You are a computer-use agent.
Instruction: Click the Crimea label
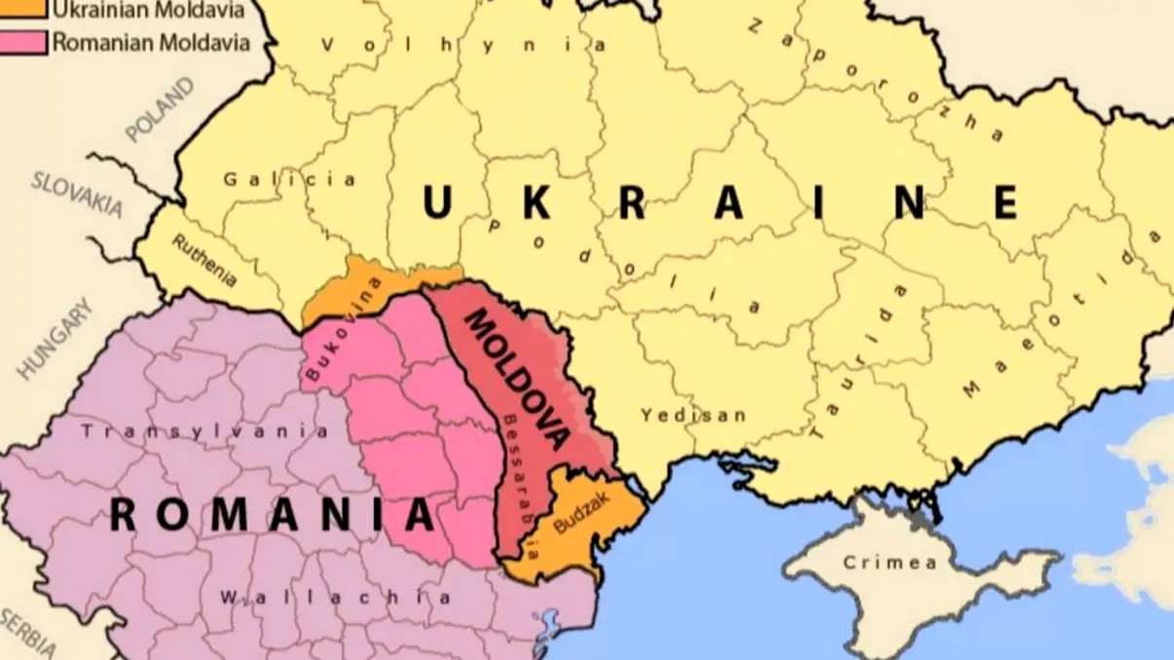[890, 563]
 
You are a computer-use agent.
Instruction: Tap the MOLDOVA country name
[516, 379]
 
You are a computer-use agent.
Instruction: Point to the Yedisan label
[693, 416]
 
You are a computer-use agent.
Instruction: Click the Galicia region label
[289, 179]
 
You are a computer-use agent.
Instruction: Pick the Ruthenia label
[204, 261]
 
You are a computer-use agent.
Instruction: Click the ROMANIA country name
[272, 514]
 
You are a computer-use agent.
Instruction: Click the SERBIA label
[23, 633]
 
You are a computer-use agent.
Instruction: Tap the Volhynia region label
[463, 45]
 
